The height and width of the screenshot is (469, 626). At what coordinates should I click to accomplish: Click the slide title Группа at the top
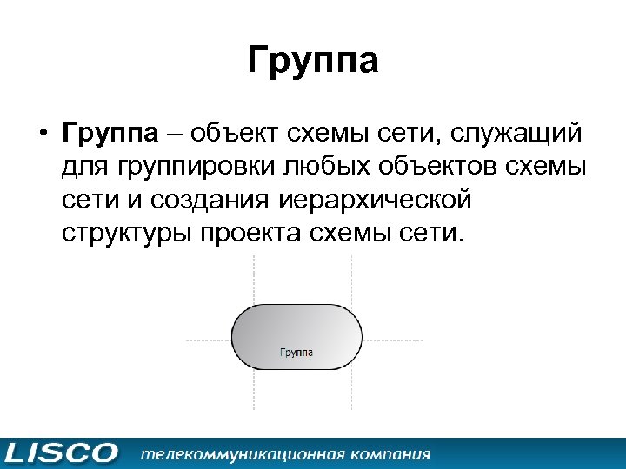(x=312, y=63)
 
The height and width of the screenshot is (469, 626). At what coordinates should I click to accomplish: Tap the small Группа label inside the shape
(x=296, y=353)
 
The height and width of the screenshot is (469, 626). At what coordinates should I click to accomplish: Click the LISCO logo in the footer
(x=61, y=453)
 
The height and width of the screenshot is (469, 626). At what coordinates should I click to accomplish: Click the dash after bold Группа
(x=174, y=135)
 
